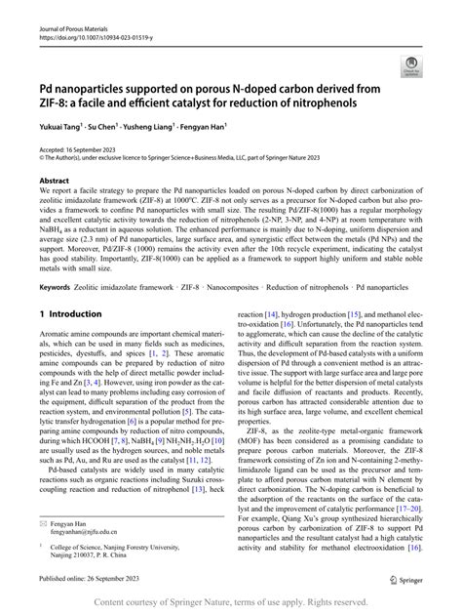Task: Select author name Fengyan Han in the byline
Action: point(230,127)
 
